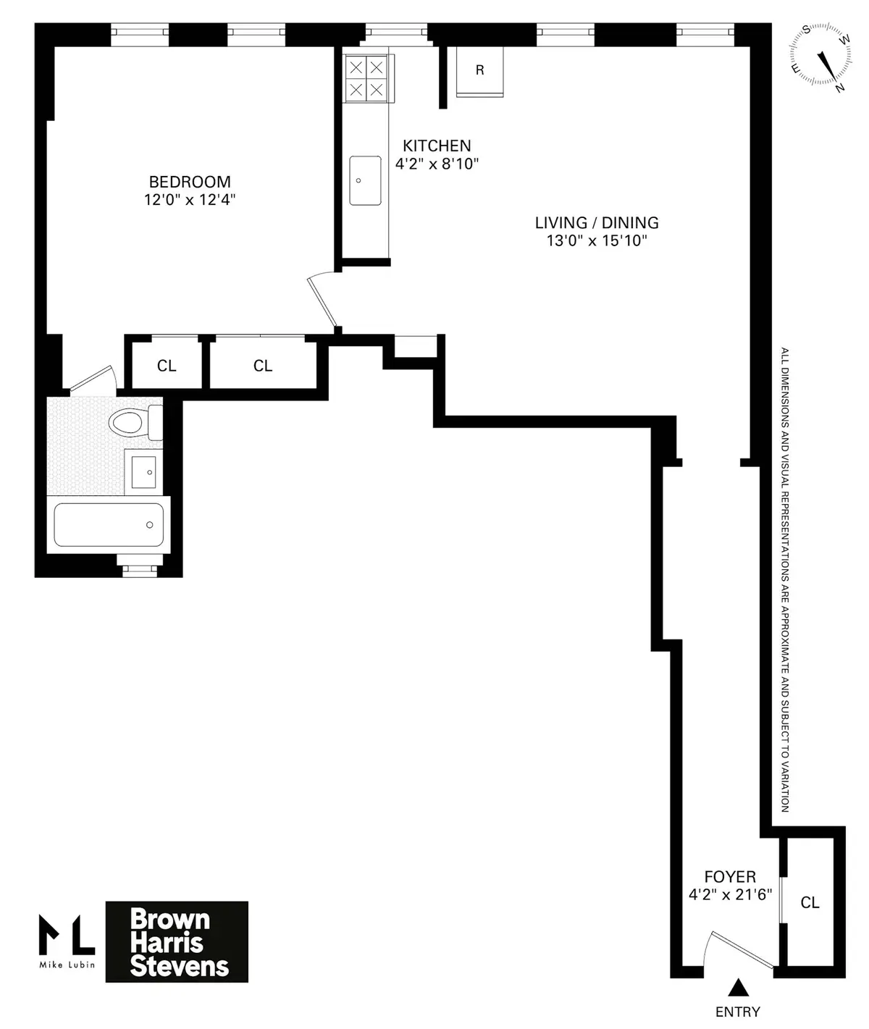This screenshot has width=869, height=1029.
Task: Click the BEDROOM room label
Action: pyautogui.click(x=190, y=182)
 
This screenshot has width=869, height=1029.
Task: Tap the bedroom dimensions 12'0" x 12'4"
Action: pyautogui.click(x=190, y=200)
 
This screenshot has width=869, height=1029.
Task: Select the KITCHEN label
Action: pyautogui.click(x=437, y=146)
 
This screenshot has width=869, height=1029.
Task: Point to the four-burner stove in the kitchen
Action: pyautogui.click(x=366, y=79)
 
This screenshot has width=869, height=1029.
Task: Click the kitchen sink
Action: pyautogui.click(x=366, y=180)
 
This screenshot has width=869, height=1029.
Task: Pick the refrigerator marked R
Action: pyautogui.click(x=479, y=72)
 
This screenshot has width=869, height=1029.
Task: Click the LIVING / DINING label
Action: pyautogui.click(x=597, y=222)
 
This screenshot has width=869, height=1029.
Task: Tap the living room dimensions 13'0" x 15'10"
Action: pyautogui.click(x=597, y=240)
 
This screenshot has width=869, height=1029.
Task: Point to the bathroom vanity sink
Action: pyautogui.click(x=143, y=473)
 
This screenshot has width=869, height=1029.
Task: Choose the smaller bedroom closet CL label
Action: pyautogui.click(x=167, y=366)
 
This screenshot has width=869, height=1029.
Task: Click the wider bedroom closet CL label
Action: pyautogui.click(x=263, y=366)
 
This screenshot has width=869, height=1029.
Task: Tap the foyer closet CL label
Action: pyautogui.click(x=810, y=902)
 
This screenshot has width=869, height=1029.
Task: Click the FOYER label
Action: pyautogui.click(x=730, y=877)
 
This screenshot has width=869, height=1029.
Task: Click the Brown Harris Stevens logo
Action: pyautogui.click(x=177, y=941)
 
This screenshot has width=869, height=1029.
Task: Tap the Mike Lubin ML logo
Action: pyautogui.click(x=67, y=939)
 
